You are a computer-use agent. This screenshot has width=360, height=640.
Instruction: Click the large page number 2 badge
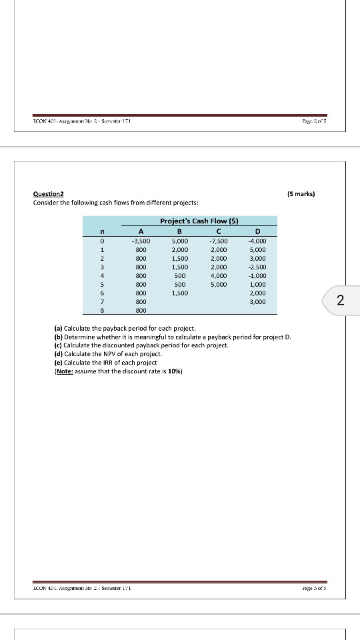[x=340, y=301]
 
